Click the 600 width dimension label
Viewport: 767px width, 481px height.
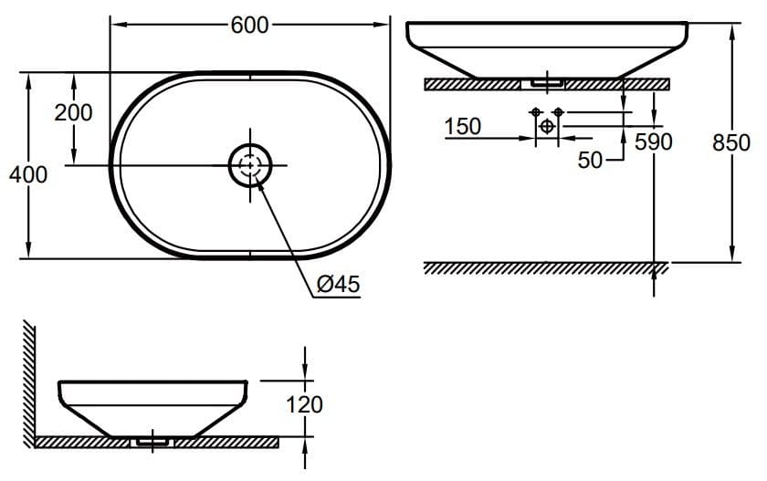[x=249, y=26]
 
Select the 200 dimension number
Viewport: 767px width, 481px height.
[x=73, y=113]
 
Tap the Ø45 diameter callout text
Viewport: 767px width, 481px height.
[x=338, y=286]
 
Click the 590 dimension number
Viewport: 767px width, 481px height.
[x=654, y=142]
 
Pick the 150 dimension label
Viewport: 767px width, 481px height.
[x=463, y=127]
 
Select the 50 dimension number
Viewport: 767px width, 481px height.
[x=591, y=161]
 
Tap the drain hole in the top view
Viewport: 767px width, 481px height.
[x=249, y=165]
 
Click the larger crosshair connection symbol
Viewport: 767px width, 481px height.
[x=546, y=126]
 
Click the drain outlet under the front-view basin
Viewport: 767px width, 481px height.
[x=542, y=82]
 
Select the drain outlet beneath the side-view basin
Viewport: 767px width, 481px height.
[x=152, y=441]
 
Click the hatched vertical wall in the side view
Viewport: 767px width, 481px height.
[x=30, y=383]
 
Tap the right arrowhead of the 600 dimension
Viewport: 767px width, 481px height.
[x=384, y=26]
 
